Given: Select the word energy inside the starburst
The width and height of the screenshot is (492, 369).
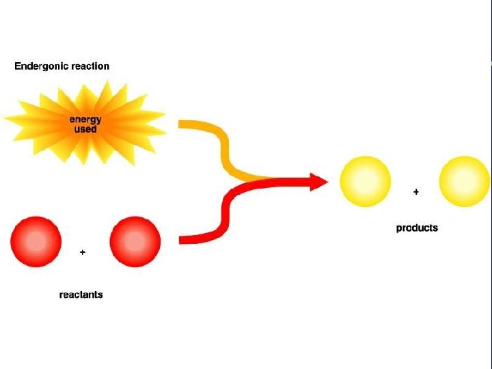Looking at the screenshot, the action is click(x=85, y=120).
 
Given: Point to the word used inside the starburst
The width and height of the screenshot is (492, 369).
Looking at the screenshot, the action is click(x=85, y=129).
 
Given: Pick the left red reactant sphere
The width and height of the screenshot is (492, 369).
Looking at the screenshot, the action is click(x=36, y=242).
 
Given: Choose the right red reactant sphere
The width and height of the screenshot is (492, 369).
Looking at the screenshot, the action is click(x=135, y=242).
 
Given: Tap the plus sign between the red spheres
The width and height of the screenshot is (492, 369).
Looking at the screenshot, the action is click(x=83, y=252).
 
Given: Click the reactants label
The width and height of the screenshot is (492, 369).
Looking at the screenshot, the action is click(x=81, y=295).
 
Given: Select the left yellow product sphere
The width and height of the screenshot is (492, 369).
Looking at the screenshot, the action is click(x=366, y=181).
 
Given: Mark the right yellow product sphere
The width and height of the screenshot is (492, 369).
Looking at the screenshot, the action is click(x=465, y=181).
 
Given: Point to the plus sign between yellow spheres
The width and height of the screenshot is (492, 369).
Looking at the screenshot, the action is click(x=416, y=192).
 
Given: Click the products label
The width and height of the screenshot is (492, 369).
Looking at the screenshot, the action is click(x=417, y=228).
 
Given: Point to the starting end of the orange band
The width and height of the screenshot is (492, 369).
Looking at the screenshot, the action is click(x=182, y=124).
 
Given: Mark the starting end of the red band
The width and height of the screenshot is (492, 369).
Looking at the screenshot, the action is click(x=182, y=239).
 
